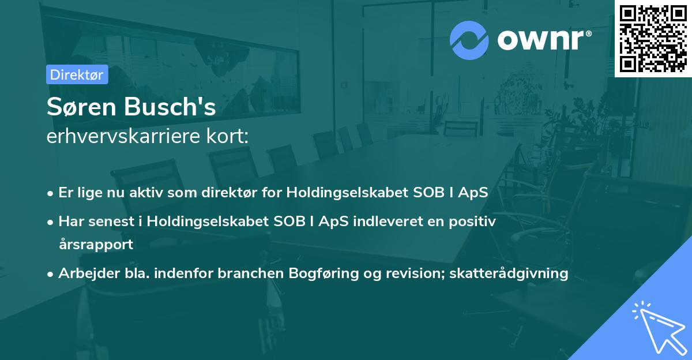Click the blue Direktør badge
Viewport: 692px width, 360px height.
click(x=77, y=74)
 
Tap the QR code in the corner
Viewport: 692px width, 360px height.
click(x=653, y=39)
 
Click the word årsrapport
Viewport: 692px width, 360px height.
click(x=96, y=244)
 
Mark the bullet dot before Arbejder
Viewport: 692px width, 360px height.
click(x=51, y=273)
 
